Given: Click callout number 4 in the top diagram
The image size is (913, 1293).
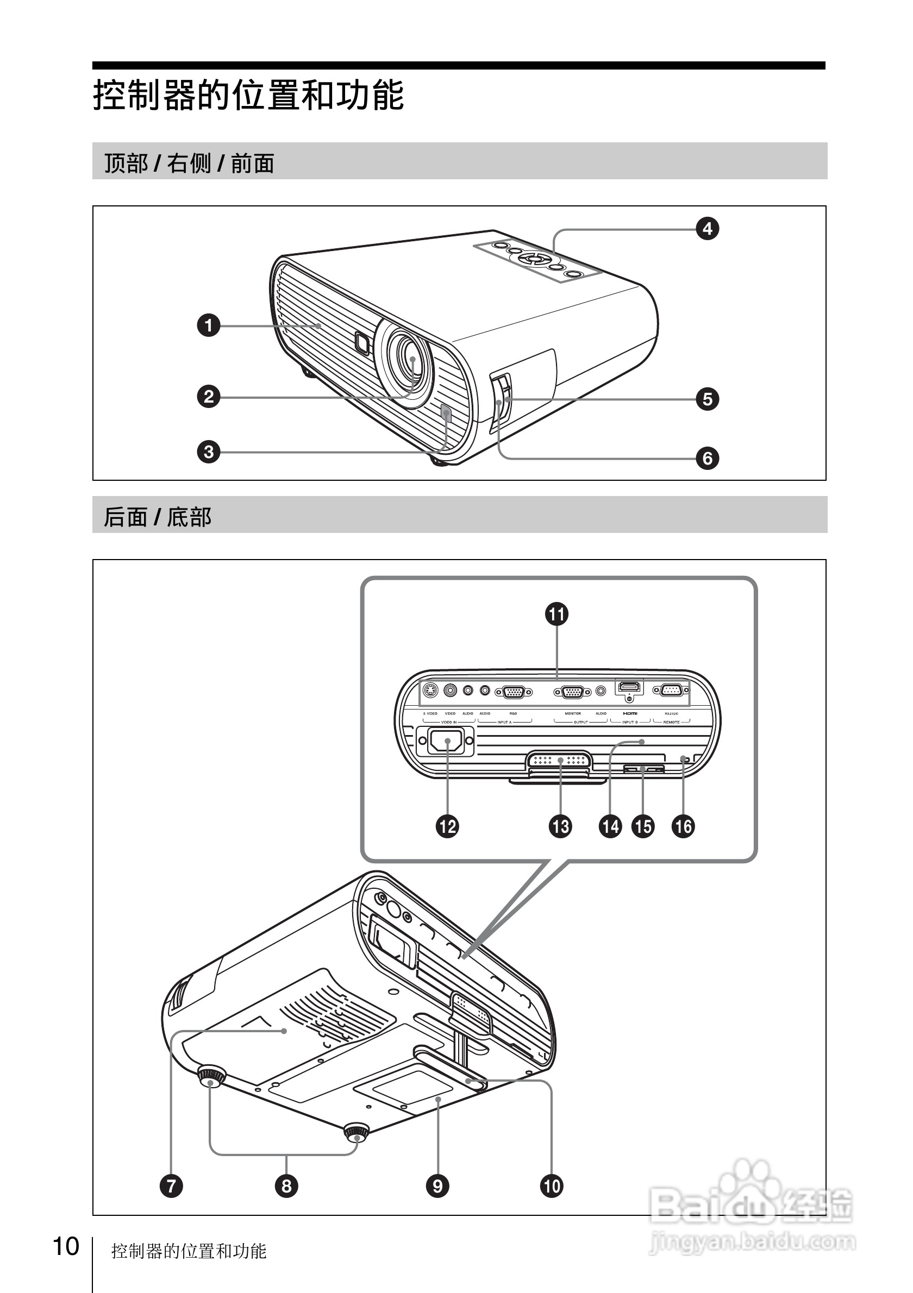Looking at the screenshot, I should click(x=708, y=229).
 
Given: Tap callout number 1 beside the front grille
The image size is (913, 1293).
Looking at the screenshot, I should click(x=208, y=325).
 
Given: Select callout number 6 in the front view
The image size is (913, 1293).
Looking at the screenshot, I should click(x=708, y=459).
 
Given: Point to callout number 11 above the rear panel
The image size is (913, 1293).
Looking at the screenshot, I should click(x=556, y=614).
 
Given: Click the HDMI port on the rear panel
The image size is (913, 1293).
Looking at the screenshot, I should click(x=630, y=687).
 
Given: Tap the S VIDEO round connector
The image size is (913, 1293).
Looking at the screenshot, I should click(x=430, y=691).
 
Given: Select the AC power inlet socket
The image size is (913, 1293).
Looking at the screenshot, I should click(x=446, y=741).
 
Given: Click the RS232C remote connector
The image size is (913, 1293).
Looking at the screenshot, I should click(x=671, y=690).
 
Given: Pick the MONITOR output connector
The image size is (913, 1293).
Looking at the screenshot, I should click(x=572, y=692).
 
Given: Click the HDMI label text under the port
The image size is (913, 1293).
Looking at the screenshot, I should click(x=630, y=713).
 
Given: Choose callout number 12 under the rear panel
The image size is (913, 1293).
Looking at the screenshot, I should click(x=447, y=827).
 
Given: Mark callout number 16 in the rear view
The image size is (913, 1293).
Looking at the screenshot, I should click(x=683, y=827).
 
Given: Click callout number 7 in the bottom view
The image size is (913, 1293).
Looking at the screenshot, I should click(x=171, y=1186).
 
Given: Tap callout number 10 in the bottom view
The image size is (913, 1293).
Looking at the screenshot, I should click(x=552, y=1186).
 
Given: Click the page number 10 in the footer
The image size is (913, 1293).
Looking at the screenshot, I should click(x=66, y=1247).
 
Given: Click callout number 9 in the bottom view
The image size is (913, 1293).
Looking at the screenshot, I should click(x=437, y=1186).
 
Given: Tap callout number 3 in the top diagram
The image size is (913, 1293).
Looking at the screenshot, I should click(x=208, y=451).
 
